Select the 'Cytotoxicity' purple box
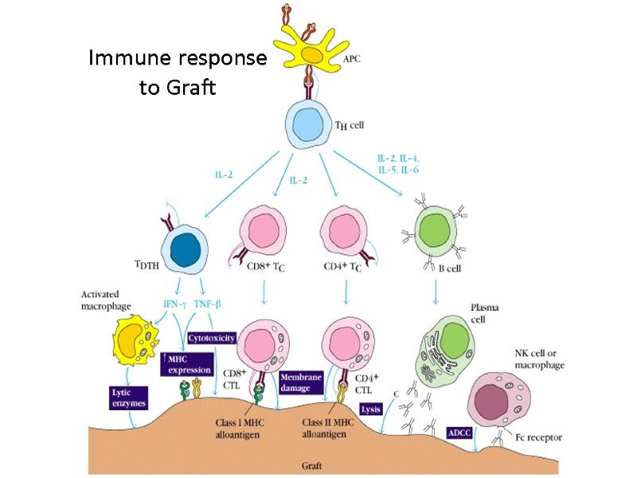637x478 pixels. [x=211, y=338]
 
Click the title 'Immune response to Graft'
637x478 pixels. [x=178, y=72]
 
